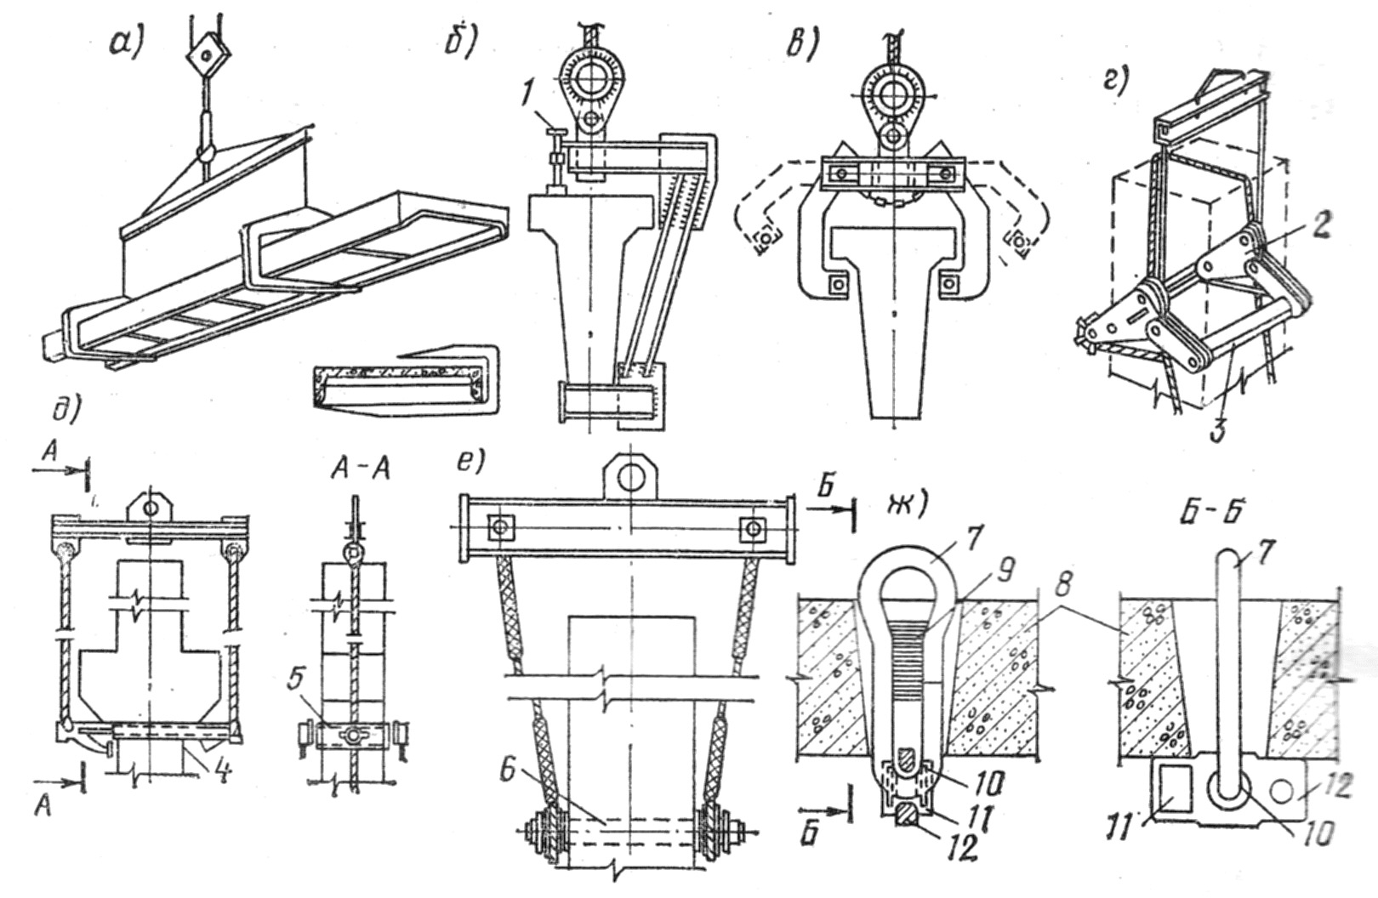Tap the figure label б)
[x=462, y=41]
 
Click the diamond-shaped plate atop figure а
[x=206, y=55]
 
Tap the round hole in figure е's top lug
[x=630, y=477]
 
